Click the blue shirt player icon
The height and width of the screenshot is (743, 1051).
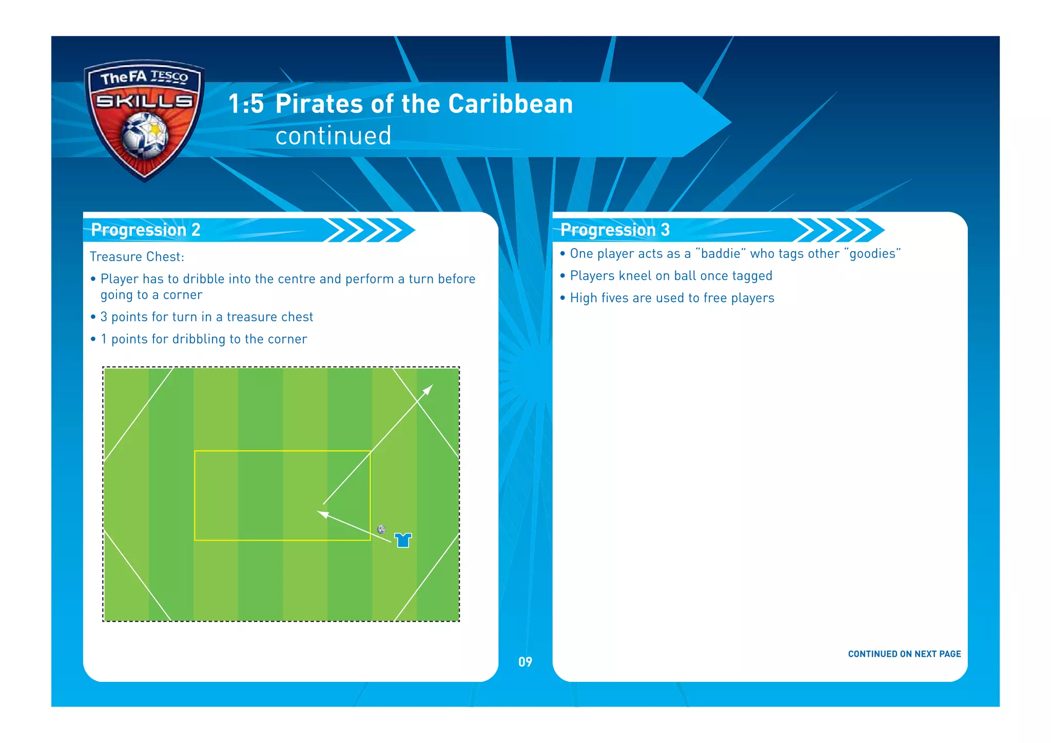tap(403, 540)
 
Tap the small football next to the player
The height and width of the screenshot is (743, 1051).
tap(381, 529)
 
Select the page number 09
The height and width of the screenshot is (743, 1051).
tap(525, 662)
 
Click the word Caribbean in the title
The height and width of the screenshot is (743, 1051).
tap(510, 104)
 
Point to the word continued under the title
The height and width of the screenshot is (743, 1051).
tap(333, 136)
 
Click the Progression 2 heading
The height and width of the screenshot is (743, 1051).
tap(145, 230)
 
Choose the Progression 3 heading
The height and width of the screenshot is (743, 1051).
tap(615, 230)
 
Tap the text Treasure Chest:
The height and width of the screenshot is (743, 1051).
tap(137, 257)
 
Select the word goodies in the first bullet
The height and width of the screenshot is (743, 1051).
tap(872, 254)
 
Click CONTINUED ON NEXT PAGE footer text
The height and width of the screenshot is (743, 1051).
tap(904, 654)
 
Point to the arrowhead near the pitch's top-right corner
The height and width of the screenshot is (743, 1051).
tap(429, 389)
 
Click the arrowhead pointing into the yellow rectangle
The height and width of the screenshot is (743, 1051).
tap(323, 513)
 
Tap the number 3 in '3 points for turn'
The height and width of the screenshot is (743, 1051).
tap(104, 317)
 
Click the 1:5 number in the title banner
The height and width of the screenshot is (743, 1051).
tap(246, 104)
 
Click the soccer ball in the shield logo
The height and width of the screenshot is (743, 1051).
tap(145, 135)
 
